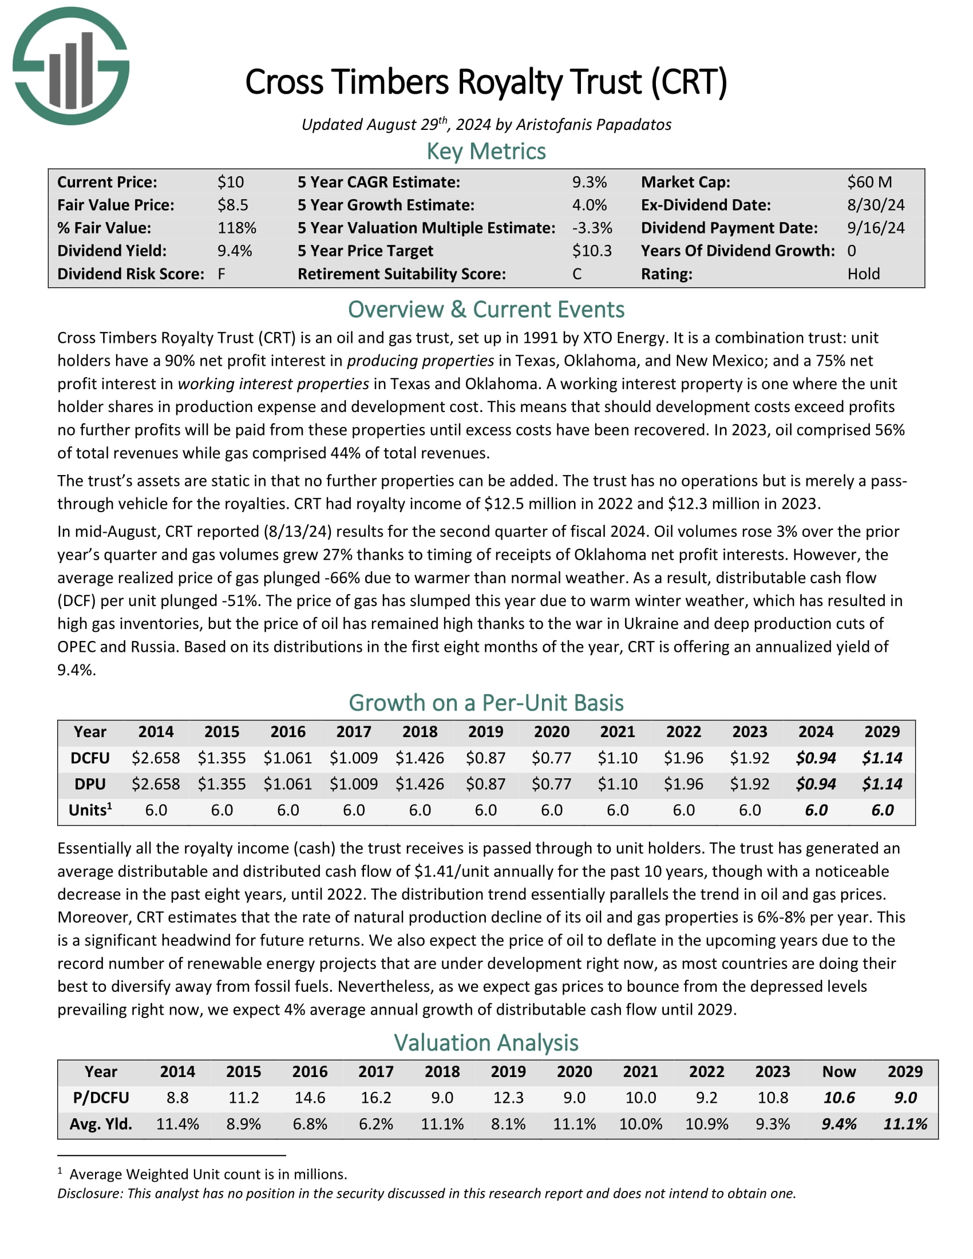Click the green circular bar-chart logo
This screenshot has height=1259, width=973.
coord(71,66)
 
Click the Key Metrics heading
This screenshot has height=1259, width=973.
coord(486,152)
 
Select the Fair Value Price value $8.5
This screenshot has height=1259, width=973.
coord(233,205)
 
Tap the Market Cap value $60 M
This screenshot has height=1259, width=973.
coord(869,182)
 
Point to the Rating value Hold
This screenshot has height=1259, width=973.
coord(864,274)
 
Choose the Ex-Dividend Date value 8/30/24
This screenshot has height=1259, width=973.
coord(876,205)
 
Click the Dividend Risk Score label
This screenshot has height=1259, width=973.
coord(131,274)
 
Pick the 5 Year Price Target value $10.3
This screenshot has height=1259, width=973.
coord(592,251)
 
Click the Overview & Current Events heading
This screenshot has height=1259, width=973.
coord(486,310)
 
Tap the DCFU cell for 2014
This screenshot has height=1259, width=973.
coord(156,758)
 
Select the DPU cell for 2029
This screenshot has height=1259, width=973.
coord(882,784)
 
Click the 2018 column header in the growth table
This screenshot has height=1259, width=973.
coord(420,731)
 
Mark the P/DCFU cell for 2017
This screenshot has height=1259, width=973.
coord(376,1098)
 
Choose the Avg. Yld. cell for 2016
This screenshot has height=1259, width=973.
coord(310,1123)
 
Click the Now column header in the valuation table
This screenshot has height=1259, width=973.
coord(838,1072)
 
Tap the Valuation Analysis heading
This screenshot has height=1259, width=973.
coord(486,1043)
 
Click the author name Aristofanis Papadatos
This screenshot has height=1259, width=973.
coord(594,125)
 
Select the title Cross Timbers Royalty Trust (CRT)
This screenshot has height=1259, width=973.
coord(486,82)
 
